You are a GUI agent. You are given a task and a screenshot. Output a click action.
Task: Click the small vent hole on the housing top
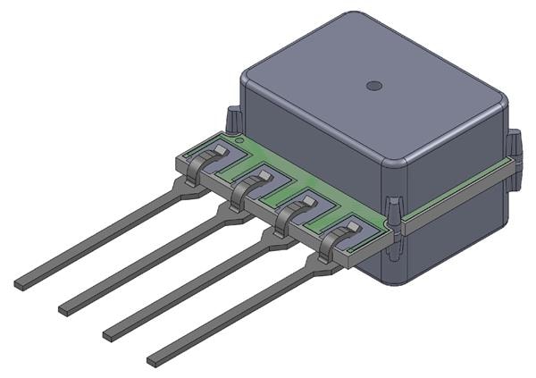374,86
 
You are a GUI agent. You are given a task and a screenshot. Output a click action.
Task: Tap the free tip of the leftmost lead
21,285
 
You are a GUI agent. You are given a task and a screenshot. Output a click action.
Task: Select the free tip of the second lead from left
65,310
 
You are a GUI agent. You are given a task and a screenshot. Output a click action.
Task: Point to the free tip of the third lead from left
111,334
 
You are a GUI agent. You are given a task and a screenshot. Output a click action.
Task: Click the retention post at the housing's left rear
232,118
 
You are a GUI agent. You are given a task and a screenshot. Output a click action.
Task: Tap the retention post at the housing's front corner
394,207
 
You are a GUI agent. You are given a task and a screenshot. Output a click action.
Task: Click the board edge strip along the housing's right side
456,193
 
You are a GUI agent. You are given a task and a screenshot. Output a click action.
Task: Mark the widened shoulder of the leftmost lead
188,187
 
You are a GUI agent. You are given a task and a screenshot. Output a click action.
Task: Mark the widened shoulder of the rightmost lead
317,260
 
